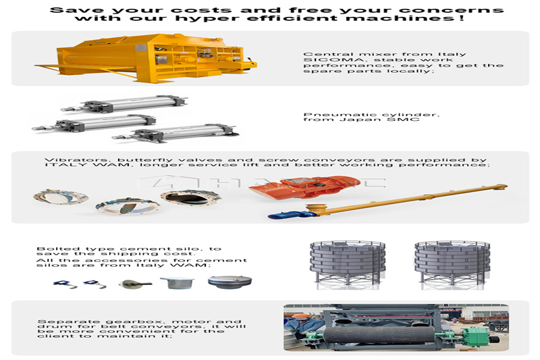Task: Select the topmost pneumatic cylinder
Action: point(124,103)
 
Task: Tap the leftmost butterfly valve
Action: point(61,197)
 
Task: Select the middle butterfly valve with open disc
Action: point(128,206)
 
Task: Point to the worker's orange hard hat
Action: point(296,315)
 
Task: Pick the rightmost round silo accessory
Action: point(230,282)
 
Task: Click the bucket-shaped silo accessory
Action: point(177,282)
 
